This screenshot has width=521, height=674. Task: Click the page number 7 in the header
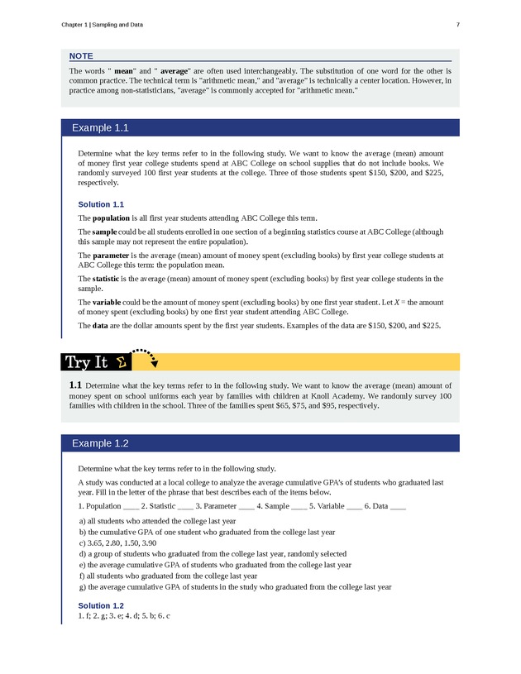pyautogui.click(x=457, y=25)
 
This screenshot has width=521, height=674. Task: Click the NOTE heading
pyautogui.click(x=81, y=55)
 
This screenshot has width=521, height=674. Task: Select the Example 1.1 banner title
pyautogui.click(x=100, y=128)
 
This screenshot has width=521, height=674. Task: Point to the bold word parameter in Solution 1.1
pyautogui.click(x=112, y=256)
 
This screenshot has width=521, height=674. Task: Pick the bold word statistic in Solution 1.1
pyautogui.click(x=108, y=279)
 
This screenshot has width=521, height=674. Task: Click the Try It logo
pyautogui.click(x=93, y=361)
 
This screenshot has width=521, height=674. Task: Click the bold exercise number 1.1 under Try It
pyautogui.click(x=75, y=385)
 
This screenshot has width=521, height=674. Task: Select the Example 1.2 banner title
pyautogui.click(x=100, y=442)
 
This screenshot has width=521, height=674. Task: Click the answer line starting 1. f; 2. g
pyautogui.click(x=123, y=617)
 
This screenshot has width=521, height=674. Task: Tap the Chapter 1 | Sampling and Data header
pyautogui.click(x=102, y=25)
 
